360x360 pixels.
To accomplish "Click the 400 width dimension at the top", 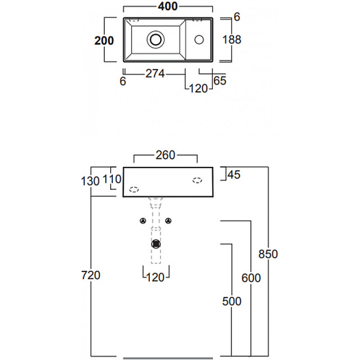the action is (168, 6).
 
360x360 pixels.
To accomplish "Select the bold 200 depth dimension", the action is (104, 40).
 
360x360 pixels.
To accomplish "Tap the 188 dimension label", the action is (232, 40).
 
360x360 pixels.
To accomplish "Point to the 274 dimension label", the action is (155, 74).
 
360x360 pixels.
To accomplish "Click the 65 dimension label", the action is (220, 81).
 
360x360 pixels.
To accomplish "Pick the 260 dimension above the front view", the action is (166, 155).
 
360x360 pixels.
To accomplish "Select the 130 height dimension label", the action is (90, 181).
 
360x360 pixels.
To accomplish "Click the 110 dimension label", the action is (112, 179).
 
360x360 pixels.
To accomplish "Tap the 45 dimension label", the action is (234, 175).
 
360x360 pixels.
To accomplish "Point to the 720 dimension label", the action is (91, 275).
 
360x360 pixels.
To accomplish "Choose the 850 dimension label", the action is (268, 254).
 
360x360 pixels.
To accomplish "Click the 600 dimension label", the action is (251, 278).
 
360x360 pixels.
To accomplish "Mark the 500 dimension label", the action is (232, 301).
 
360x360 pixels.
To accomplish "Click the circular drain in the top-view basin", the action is (156, 40).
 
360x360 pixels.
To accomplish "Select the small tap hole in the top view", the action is (199, 40).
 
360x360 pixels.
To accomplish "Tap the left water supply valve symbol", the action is (143, 221).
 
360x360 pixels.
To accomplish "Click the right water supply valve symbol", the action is (168, 221).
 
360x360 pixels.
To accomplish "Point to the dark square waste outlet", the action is (156, 244).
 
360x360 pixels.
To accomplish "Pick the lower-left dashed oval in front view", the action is (134, 189).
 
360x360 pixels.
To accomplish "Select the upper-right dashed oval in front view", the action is (197, 180).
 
